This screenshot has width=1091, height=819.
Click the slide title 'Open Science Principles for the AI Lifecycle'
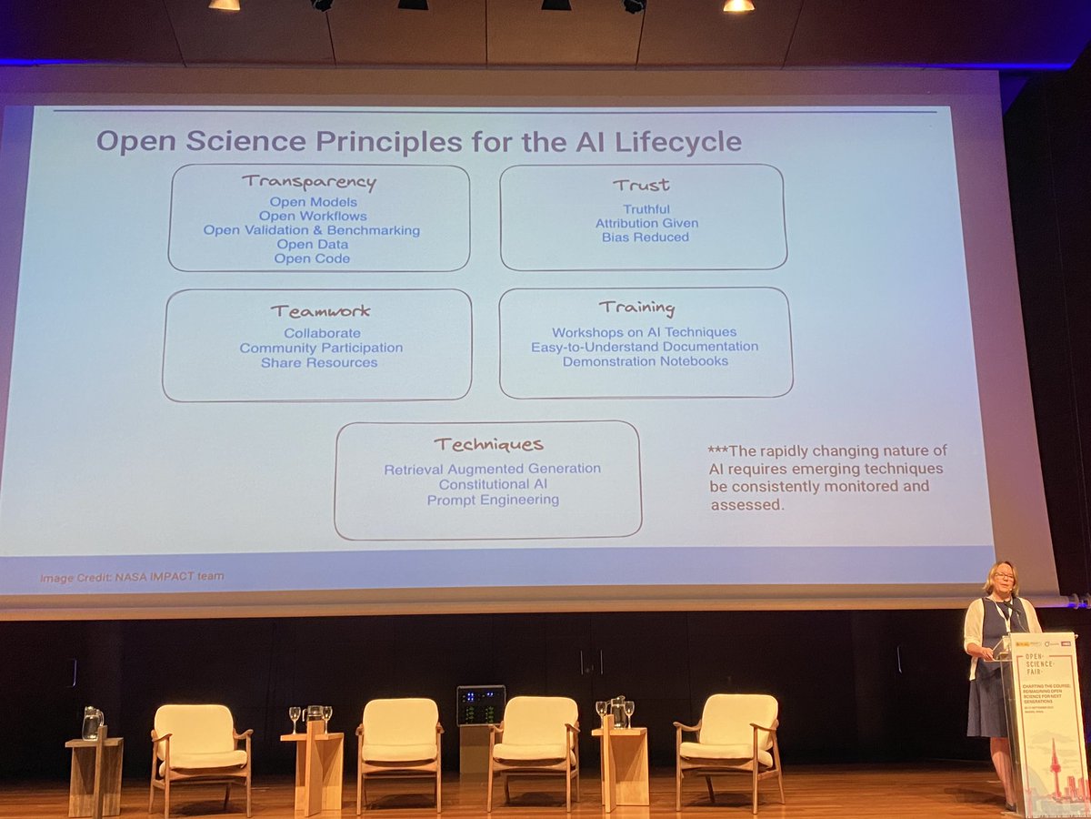click(x=419, y=142)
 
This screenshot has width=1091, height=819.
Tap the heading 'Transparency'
click(x=309, y=181)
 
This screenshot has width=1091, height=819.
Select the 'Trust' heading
click(x=641, y=185)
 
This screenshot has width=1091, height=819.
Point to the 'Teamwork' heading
click(x=320, y=311)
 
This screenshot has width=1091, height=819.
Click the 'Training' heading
click(x=636, y=308)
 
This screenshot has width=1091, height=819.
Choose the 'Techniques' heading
click(x=488, y=444)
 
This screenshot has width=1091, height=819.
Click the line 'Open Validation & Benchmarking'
click(x=312, y=230)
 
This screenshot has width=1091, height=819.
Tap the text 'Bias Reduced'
click(x=645, y=238)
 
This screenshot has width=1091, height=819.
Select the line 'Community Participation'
click(x=321, y=348)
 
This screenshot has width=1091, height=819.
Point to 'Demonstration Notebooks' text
click(x=646, y=361)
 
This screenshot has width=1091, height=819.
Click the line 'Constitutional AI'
click(x=492, y=484)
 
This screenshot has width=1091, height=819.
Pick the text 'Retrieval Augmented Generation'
click(x=492, y=469)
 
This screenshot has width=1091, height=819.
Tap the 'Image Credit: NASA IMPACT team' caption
click(x=132, y=577)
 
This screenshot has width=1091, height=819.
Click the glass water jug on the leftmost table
click(x=92, y=723)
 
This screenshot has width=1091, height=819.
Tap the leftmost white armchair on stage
click(x=201, y=742)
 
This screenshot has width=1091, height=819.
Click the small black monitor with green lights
click(x=480, y=704)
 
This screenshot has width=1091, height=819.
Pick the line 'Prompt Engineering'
click(x=493, y=500)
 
